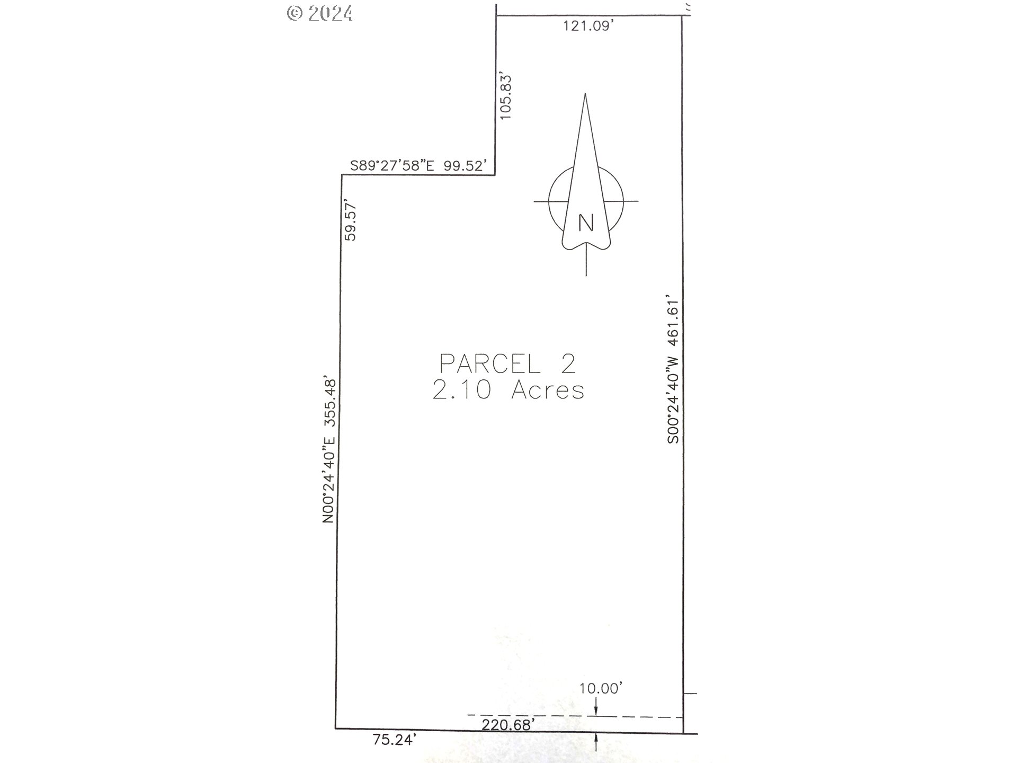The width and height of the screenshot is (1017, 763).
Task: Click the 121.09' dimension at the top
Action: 588,26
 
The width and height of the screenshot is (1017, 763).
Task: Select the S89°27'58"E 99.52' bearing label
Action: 418,166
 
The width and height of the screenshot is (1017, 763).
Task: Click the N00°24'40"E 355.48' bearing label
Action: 329,450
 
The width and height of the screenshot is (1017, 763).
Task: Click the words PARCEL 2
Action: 507,364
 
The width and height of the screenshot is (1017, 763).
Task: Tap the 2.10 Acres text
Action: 508,391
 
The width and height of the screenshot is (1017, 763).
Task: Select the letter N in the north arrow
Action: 586,223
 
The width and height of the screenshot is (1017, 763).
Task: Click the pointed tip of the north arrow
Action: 585,94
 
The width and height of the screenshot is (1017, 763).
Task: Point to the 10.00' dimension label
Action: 600,688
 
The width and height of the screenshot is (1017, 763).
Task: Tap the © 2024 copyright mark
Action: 320,13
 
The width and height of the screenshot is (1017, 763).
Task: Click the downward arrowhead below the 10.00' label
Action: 596,711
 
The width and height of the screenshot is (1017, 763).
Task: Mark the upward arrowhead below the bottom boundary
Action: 597,738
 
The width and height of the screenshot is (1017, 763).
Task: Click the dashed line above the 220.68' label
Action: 575,716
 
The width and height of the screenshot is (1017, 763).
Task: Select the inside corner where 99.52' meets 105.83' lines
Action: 495,174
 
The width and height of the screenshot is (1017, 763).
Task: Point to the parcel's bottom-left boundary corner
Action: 335,729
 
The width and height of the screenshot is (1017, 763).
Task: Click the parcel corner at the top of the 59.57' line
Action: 342,175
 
